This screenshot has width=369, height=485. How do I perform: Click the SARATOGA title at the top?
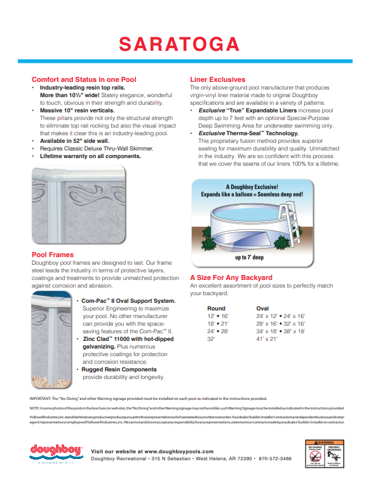[x=180, y=44]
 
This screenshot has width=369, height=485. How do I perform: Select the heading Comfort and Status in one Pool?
[x=84, y=79]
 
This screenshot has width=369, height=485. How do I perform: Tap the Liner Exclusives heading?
[x=218, y=79]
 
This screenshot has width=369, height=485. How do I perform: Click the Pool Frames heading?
[x=53, y=255]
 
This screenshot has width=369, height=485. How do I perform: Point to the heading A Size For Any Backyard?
[x=231, y=277]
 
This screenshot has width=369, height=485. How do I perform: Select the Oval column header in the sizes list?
[x=262, y=308]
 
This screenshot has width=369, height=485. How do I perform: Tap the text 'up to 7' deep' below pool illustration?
[x=250, y=258]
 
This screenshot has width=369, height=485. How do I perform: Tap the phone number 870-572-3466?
[x=275, y=458]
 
